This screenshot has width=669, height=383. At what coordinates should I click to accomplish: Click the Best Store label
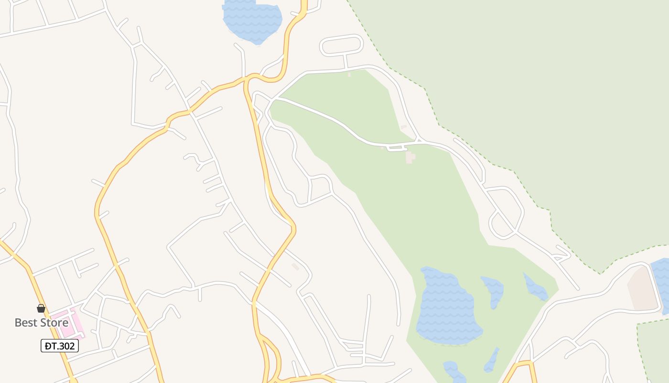41,322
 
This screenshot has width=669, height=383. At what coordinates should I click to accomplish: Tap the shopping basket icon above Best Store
41,308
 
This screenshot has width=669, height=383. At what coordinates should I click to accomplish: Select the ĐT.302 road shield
60,346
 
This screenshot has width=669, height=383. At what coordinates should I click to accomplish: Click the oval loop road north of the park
341,45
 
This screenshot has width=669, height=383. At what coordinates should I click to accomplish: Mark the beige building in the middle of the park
410,157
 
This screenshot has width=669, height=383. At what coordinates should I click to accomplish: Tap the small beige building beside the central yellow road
295,266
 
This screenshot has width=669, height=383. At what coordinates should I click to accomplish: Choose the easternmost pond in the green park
535,287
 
